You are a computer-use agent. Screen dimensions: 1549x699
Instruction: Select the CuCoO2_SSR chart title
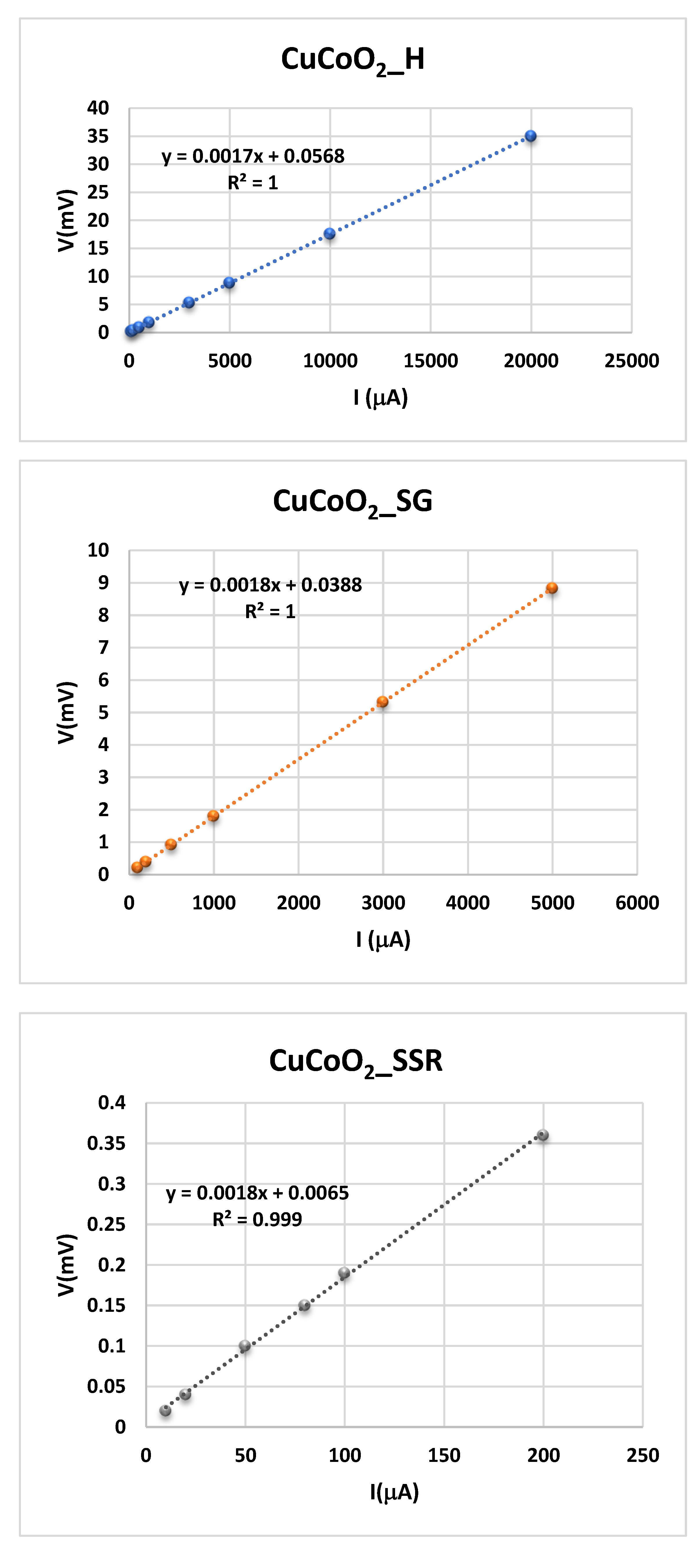click(356, 1061)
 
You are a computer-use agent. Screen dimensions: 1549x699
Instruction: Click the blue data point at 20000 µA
click(530, 136)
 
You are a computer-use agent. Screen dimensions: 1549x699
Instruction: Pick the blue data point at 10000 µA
click(329, 233)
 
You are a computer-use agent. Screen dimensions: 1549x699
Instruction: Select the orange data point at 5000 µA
click(552, 588)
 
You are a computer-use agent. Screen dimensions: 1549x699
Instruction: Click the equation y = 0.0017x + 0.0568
click(253, 156)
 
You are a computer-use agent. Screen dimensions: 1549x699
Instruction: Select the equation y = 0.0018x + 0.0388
click(271, 585)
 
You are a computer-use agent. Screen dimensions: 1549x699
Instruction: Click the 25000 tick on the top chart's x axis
click(632, 361)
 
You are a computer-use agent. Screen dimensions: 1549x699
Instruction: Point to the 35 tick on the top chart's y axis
click(98, 136)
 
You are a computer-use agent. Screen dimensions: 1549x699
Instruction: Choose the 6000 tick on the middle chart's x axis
click(637, 903)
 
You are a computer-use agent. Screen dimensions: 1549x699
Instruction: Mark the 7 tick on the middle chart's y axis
click(103, 648)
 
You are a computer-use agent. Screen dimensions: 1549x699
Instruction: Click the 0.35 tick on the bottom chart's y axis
click(106, 1143)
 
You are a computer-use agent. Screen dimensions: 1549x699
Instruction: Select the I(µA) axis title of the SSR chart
click(394, 1492)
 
